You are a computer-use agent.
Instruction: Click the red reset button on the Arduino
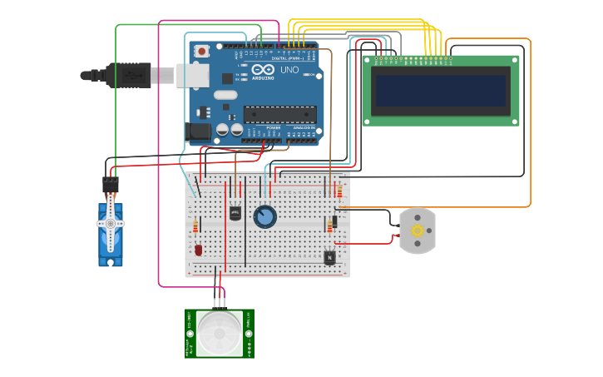201,52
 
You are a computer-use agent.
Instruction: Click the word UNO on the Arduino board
289,70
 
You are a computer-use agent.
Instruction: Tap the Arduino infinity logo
259,70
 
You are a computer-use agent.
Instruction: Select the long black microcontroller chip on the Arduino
280,114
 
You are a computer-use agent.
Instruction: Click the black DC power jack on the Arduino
198,131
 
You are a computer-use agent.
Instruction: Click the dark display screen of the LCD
440,90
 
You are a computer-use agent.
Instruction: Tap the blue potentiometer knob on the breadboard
264,216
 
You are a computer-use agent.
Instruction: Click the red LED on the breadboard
198,249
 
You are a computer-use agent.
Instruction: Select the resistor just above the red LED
196,227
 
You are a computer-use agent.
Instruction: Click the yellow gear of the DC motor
418,231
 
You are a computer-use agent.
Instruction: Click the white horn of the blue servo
110,224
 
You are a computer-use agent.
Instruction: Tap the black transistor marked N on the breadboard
330,258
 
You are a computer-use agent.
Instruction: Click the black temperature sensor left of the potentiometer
235,213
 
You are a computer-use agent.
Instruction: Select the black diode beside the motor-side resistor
334,222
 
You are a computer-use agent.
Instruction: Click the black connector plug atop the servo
111,185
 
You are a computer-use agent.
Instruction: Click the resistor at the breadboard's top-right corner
339,191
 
